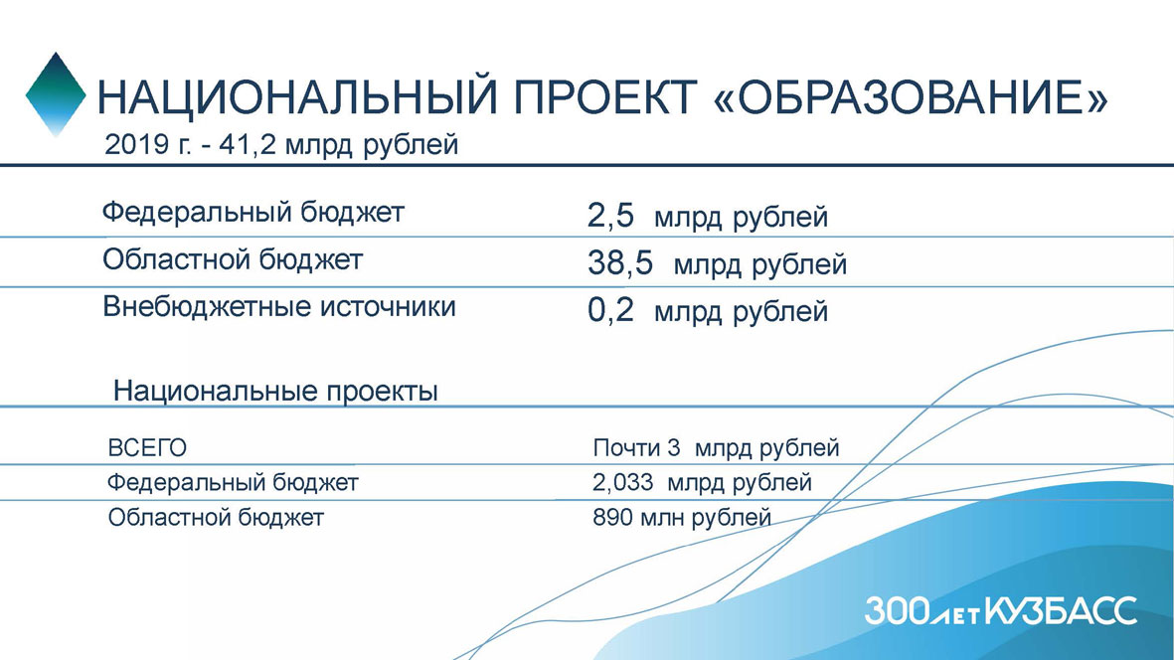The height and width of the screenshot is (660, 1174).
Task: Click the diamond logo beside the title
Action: point(56,94)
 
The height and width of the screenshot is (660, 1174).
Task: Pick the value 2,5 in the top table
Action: point(610,217)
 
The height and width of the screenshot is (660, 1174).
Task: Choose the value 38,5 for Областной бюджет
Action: point(620,263)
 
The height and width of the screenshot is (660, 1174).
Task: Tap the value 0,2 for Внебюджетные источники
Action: point(610,310)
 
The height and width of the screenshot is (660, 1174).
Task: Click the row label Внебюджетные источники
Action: point(279,307)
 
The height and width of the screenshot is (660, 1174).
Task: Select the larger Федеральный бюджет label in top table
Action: point(253,213)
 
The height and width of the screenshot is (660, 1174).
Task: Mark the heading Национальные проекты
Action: point(275,392)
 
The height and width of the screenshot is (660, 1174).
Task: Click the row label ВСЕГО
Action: point(147,448)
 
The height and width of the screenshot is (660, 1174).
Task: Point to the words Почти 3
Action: point(636,447)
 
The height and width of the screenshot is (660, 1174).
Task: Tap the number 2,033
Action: point(623,483)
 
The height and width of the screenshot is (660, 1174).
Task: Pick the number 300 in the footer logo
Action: point(898,611)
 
